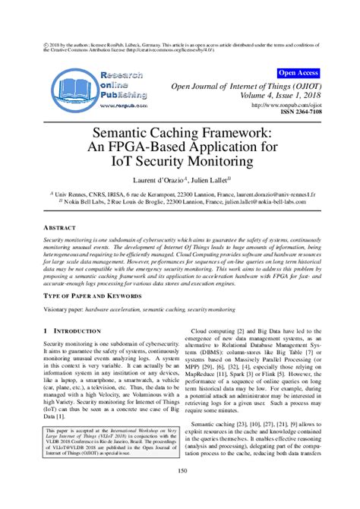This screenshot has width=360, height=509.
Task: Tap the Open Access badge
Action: click(298, 73)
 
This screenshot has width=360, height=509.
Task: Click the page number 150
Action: click(180, 492)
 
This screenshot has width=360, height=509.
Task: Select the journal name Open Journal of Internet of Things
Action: click(250, 86)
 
